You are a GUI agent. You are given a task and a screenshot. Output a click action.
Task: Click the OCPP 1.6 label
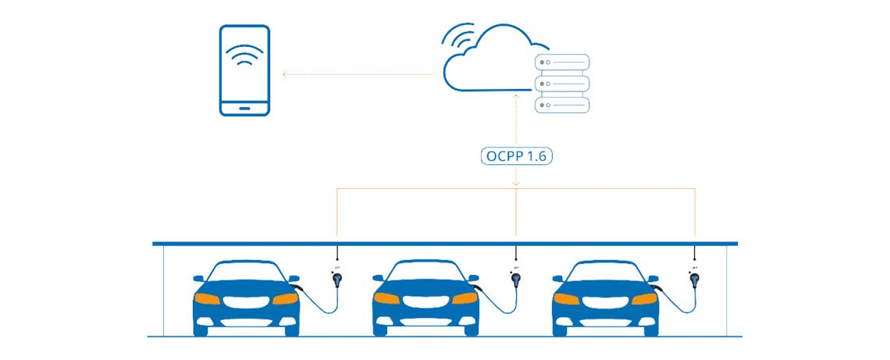(x=516, y=155)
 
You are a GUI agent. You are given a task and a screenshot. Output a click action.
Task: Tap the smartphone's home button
(x=244, y=106)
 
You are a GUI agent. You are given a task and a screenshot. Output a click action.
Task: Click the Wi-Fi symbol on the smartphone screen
(x=244, y=57)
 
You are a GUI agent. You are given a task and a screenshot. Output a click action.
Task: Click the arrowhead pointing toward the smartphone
(x=285, y=75)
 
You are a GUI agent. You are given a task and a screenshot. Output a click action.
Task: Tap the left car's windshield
(x=245, y=271)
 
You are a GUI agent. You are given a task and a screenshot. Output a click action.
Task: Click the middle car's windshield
(x=425, y=271)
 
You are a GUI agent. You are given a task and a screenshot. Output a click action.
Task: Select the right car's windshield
(x=604, y=271)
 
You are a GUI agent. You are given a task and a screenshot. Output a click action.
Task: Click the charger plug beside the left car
(x=337, y=278)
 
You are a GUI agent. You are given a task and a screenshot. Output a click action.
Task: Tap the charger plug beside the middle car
(x=515, y=279)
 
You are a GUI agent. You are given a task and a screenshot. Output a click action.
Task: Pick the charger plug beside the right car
(x=693, y=279)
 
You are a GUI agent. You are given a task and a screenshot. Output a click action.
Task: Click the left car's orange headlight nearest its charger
(x=284, y=298)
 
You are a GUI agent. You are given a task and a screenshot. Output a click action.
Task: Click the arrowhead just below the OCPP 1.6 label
(x=516, y=184)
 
